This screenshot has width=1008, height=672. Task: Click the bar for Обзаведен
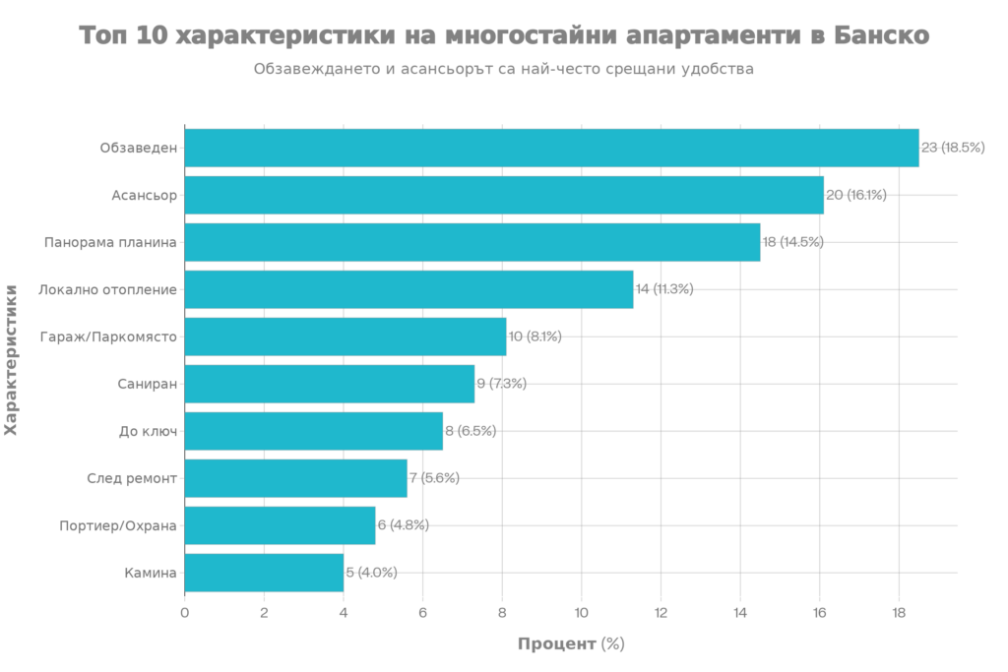(551, 148)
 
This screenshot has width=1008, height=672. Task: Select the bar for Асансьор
(504, 195)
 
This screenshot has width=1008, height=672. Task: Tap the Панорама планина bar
(472, 242)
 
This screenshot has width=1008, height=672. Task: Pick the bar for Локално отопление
(409, 289)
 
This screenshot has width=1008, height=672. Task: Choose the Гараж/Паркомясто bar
(346, 336)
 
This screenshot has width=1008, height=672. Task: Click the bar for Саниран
(330, 384)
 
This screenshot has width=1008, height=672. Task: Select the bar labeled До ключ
(314, 431)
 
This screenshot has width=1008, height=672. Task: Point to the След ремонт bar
(296, 478)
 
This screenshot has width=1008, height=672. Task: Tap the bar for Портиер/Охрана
(281, 525)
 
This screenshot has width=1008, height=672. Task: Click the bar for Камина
(264, 573)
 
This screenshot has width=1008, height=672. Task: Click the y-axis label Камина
(151, 573)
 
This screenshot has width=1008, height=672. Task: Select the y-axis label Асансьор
(145, 195)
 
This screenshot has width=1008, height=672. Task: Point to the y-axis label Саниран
(148, 384)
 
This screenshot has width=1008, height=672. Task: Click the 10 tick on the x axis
(581, 612)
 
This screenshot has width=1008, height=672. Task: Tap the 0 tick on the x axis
(185, 612)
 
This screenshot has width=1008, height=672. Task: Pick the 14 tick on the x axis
(739, 612)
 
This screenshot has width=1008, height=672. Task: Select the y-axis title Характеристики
(11, 359)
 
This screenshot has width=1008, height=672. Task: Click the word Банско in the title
(879, 35)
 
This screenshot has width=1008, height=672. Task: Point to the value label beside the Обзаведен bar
(953, 148)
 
